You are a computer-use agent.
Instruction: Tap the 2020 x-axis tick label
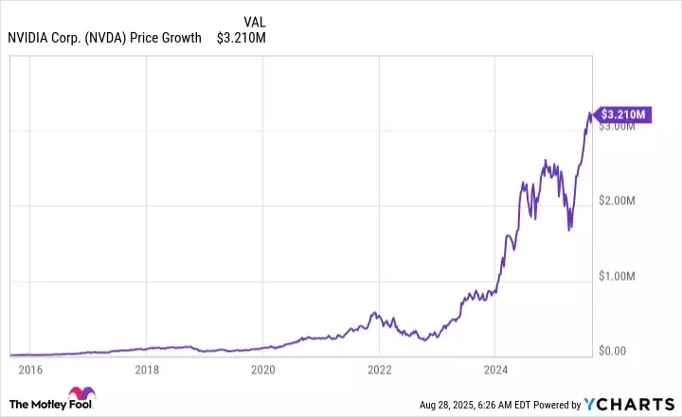[x=263, y=370]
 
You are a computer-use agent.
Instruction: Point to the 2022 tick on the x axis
[x=379, y=370]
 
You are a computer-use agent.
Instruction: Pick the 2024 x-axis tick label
[x=495, y=370]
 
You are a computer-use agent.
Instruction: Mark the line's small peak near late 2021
[x=375, y=312]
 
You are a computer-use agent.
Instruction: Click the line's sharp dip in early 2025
[x=569, y=229]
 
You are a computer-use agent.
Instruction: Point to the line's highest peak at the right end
[x=589, y=113]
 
